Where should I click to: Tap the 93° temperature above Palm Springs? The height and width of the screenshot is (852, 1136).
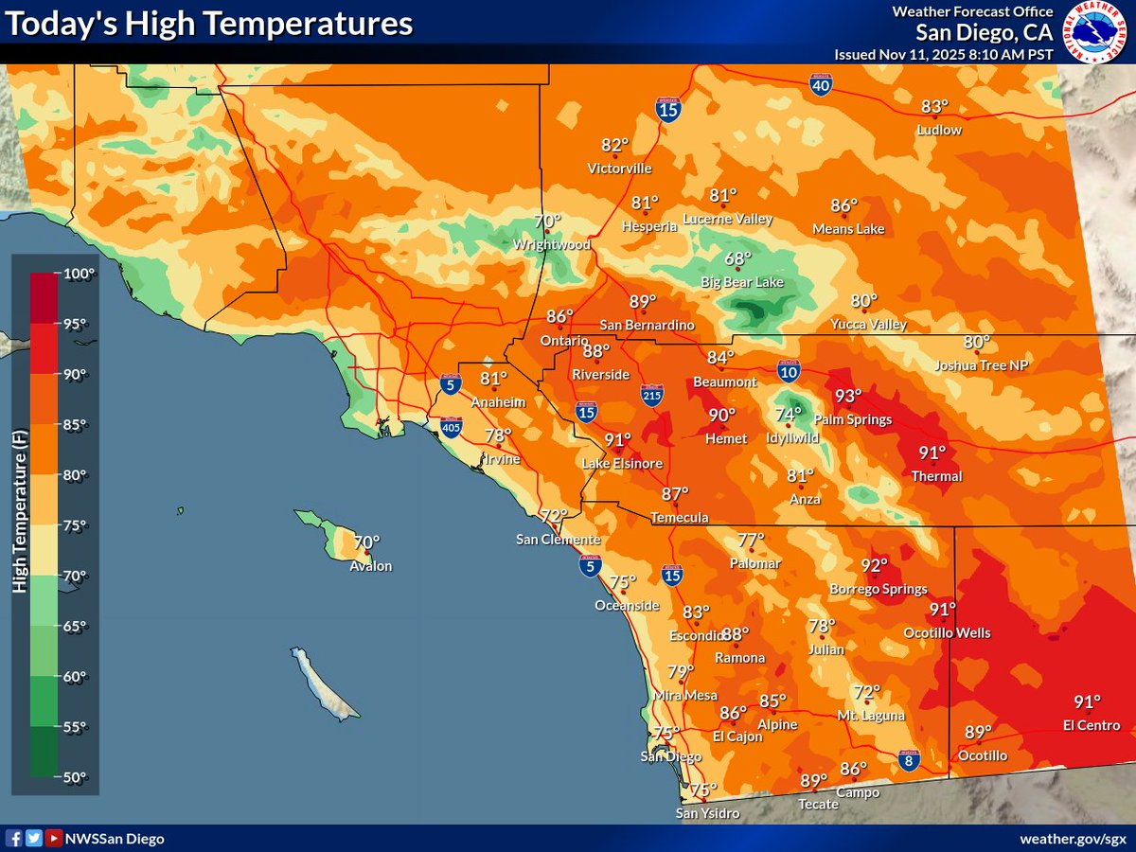click(848, 397)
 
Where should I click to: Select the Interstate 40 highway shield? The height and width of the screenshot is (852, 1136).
click(822, 87)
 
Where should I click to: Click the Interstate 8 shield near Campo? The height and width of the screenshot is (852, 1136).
click(908, 759)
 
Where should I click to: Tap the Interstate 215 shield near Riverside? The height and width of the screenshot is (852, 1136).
click(651, 395)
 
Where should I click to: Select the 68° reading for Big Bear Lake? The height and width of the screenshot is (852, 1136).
click(737, 258)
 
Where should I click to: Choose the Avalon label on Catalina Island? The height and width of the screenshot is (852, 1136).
click(370, 566)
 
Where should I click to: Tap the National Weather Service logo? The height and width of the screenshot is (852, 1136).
click(1094, 31)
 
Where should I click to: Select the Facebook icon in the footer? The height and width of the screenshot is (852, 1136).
click(14, 839)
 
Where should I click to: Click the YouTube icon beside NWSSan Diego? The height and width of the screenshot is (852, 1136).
click(54, 839)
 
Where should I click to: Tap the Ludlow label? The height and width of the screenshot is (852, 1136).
click(939, 130)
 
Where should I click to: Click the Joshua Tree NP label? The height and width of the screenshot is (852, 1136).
click(981, 365)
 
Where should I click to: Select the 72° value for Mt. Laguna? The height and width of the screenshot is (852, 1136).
click(866, 693)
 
